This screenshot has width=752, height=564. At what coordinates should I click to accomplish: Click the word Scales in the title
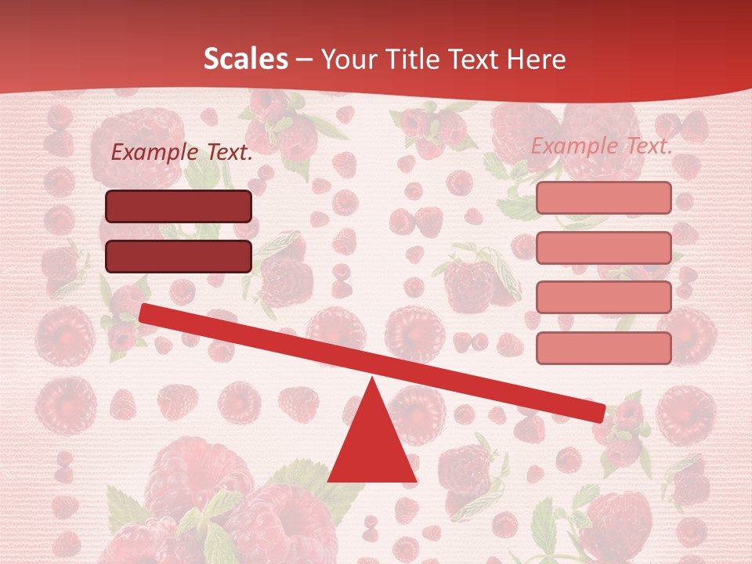click(x=245, y=60)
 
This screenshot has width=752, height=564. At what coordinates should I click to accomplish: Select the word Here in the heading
click(x=536, y=60)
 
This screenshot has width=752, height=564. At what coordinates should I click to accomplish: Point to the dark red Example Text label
click(x=182, y=153)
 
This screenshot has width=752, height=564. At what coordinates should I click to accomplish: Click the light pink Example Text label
click(x=602, y=146)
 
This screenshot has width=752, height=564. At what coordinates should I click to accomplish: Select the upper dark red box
click(x=179, y=206)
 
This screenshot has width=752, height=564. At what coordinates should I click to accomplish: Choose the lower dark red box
click(x=179, y=256)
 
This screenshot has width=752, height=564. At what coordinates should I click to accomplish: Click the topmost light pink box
click(x=603, y=198)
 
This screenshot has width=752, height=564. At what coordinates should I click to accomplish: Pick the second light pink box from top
click(x=603, y=248)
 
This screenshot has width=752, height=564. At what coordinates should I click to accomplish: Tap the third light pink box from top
click(x=603, y=298)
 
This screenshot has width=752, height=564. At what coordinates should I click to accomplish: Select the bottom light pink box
click(x=603, y=348)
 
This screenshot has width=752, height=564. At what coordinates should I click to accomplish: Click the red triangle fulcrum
click(x=372, y=443)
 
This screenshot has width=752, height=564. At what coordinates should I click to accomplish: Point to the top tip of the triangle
click(x=373, y=379)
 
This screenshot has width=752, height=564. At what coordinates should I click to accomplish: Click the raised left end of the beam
click(x=145, y=313)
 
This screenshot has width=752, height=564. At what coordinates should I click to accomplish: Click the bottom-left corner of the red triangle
click(x=329, y=480)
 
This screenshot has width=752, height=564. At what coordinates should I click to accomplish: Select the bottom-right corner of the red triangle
click(x=415, y=480)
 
